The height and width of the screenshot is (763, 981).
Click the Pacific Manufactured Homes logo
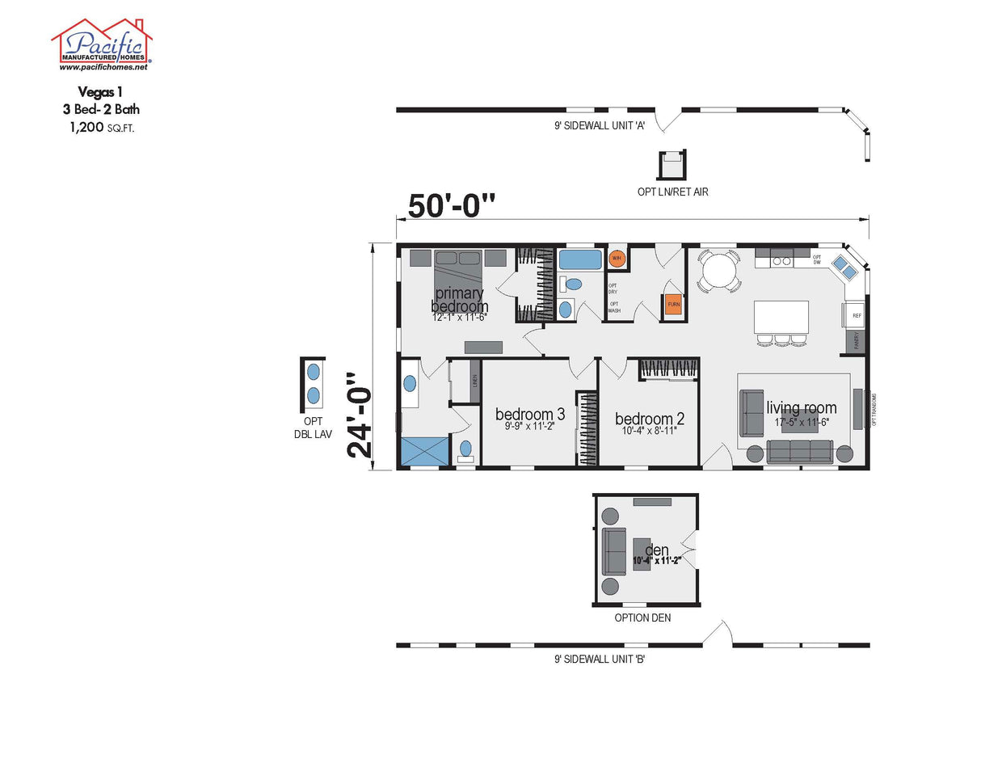(102, 44)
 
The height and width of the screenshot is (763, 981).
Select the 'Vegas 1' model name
(102, 93)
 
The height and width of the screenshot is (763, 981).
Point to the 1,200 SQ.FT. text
(102, 127)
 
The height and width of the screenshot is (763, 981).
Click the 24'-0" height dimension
(361, 415)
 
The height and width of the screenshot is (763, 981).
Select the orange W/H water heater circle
(617, 259)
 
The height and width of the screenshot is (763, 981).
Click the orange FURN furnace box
(673, 305)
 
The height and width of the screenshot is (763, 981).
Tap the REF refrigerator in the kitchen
(856, 315)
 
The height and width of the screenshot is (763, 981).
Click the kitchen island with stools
(781, 317)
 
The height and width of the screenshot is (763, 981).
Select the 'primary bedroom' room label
(459, 300)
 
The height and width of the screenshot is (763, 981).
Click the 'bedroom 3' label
(529, 414)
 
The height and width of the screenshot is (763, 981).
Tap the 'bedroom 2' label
(649, 419)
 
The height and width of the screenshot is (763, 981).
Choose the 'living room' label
(801, 408)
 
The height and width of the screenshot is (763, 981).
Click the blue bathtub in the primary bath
(580, 260)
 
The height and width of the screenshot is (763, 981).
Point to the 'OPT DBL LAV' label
(313, 428)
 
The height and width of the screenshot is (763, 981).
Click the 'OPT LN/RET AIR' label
(672, 192)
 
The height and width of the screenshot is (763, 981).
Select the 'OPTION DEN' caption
(642, 618)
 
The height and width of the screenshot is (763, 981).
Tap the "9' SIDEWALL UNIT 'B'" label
(599, 660)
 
